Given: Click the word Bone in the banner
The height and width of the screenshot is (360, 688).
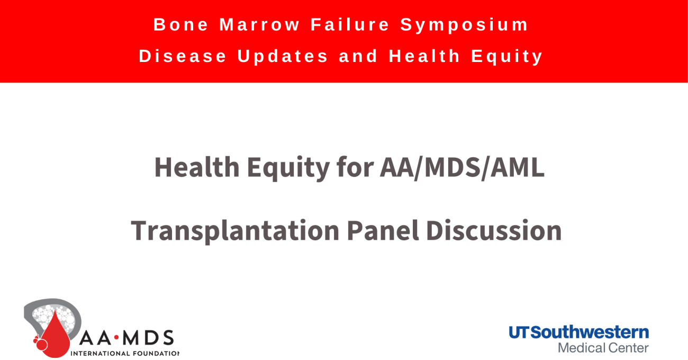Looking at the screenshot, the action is click(181, 24).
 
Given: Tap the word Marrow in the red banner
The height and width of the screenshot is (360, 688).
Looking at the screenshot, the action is click(259, 24).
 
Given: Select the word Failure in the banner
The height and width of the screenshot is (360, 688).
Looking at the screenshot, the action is click(350, 24).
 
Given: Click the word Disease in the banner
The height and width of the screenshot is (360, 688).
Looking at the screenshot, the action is click(183, 56).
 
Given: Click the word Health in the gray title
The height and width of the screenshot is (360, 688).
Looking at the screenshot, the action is click(197, 167).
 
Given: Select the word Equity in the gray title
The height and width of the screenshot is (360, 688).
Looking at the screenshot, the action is click(288, 169).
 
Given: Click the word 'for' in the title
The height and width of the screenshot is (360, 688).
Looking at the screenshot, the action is click(355, 167).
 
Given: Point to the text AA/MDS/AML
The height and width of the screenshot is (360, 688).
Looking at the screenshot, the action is click(462, 168).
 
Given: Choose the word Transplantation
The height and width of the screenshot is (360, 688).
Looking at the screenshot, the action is click(236, 231).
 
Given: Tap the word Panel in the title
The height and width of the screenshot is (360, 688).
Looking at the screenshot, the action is click(383, 230).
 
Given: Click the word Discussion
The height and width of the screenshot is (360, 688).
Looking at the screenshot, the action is click(494, 230).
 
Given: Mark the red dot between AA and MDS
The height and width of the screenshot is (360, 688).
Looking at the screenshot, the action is click(116, 338).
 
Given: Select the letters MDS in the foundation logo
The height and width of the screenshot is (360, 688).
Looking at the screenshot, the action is click(148, 338).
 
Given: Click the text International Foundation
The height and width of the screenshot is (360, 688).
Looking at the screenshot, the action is click(125, 354).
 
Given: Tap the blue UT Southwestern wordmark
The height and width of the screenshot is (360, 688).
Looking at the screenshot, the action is click(579, 332).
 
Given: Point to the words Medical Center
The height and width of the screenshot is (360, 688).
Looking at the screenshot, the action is click(603, 348).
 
